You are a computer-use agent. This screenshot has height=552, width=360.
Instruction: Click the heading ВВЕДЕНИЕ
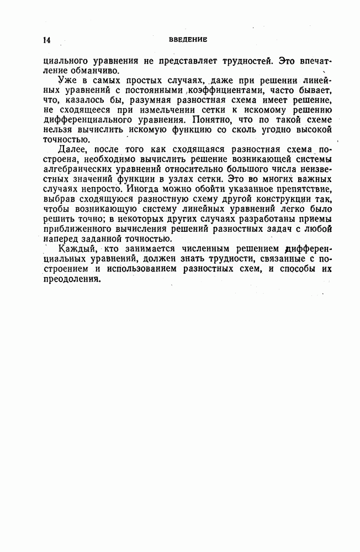[188, 39]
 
